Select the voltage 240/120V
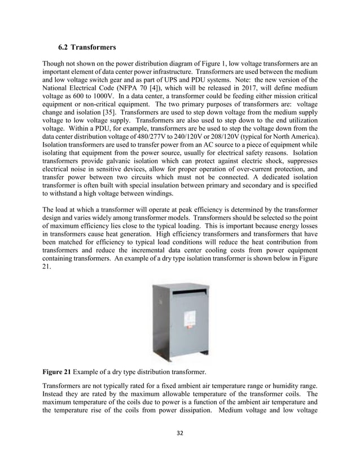(x=199, y=138)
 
